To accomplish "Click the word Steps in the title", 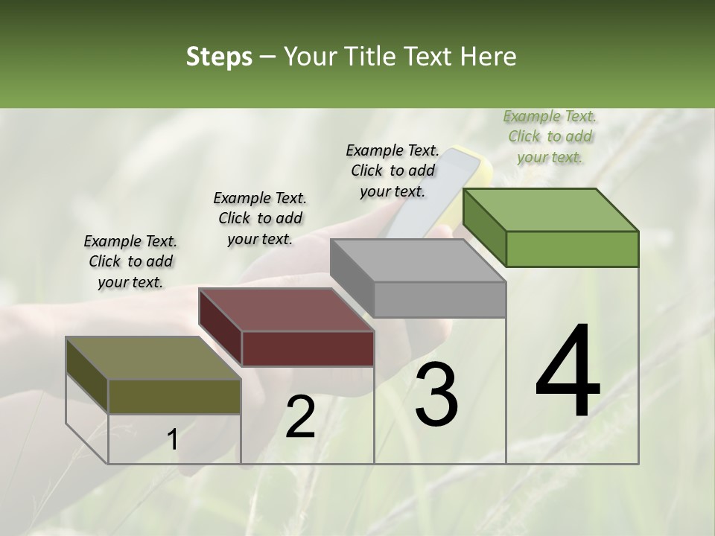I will coord(219,57).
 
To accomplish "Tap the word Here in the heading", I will coord(487,57).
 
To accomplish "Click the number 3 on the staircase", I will coord(436,395).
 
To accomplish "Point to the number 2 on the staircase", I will coord(300,417).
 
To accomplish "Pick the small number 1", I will coord(173,440).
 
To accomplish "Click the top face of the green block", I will coord(550,209).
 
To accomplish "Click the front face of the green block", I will coord(572,249).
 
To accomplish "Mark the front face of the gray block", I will coord(439,299).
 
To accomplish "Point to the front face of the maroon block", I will coord(308,348).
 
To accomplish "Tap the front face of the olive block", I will coord(174,396).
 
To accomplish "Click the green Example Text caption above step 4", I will coord(550,136).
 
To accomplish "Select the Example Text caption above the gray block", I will coord(393,170).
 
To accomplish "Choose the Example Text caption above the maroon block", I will coord(260,218).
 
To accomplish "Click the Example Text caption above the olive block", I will coord(130,261).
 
